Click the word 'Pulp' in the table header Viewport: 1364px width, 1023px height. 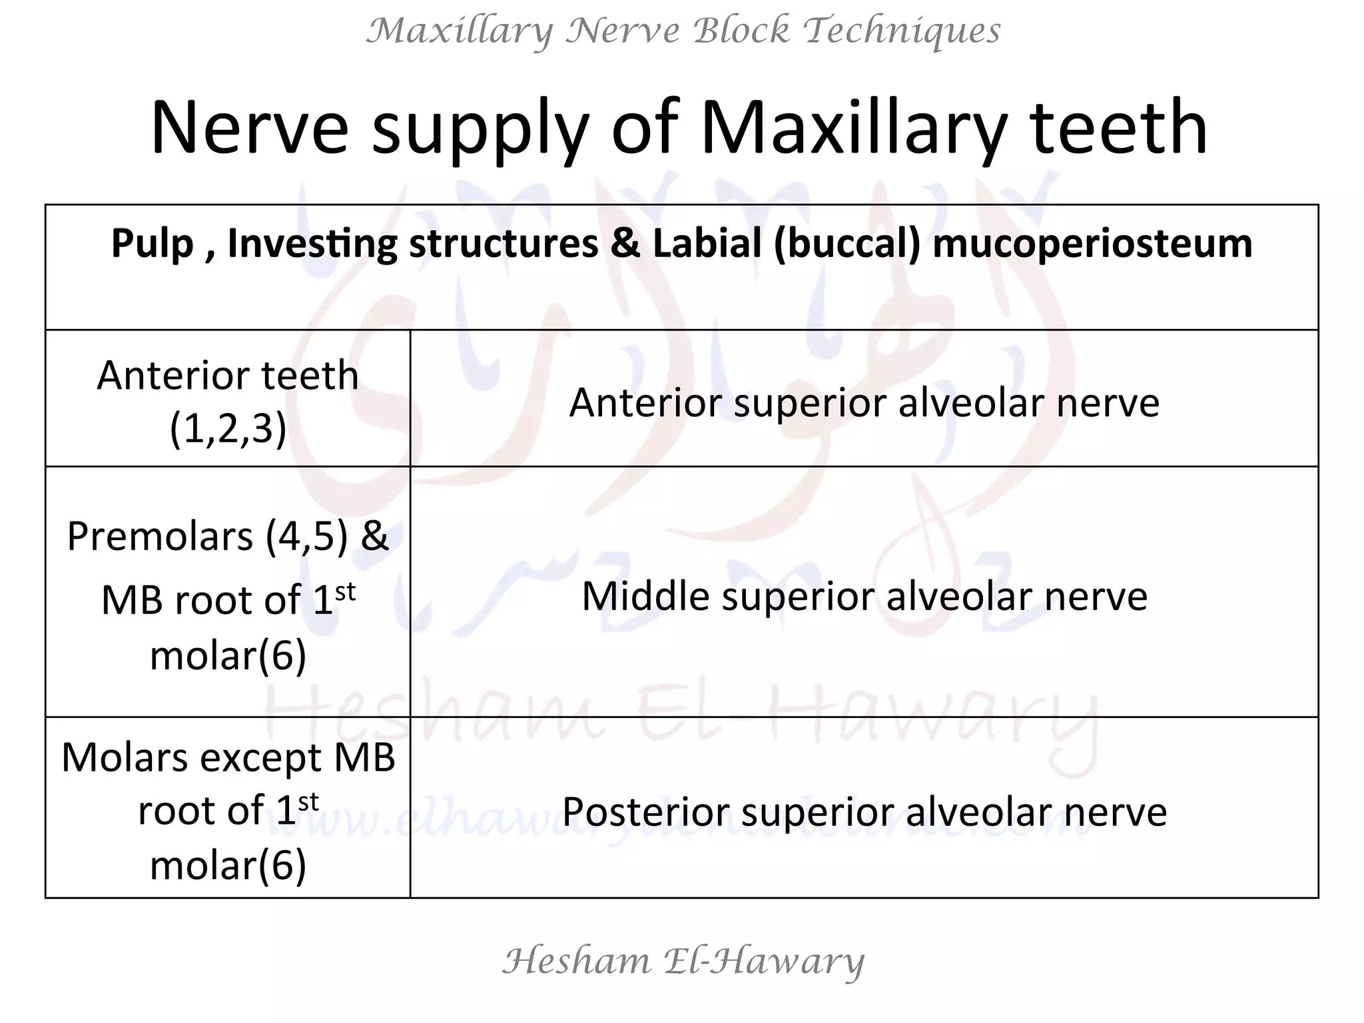point(152,243)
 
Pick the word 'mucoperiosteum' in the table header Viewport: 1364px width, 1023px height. point(1092,243)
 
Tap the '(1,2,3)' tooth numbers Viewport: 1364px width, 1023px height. point(228,428)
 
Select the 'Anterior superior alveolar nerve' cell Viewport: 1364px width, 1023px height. point(864,402)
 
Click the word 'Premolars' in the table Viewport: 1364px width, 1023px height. point(160,536)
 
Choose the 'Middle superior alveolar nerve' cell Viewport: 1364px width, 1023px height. point(864,595)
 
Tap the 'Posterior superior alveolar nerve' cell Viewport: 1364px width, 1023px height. point(864,812)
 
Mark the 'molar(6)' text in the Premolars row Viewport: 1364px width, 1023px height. point(228,655)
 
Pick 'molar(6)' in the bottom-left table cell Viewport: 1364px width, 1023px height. point(228,864)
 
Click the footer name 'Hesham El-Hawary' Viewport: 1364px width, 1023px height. point(683,961)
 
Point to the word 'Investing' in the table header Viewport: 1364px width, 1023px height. point(312,243)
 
